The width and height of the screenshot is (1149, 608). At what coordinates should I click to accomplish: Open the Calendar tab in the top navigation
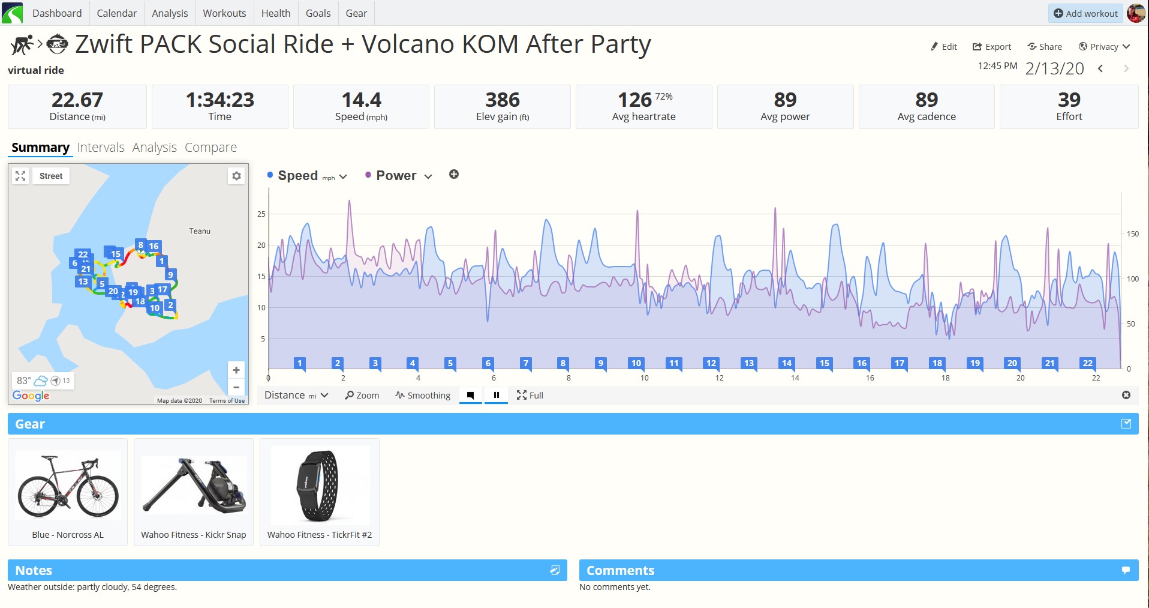(x=116, y=13)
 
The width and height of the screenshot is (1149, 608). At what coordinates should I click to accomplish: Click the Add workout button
(x=1085, y=13)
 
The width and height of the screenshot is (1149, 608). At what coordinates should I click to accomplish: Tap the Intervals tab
(x=101, y=148)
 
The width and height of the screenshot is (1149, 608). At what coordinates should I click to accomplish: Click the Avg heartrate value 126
(x=634, y=100)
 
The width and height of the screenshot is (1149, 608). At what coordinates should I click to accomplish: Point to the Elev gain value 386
(x=503, y=100)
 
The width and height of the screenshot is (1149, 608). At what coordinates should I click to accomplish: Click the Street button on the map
(x=51, y=176)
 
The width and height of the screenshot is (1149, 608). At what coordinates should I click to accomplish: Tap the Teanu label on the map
(x=200, y=231)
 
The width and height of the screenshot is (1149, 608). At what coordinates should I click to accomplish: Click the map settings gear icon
(x=236, y=176)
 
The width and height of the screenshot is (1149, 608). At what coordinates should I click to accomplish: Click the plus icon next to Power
(x=454, y=175)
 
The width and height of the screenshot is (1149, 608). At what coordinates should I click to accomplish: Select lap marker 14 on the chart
(x=786, y=363)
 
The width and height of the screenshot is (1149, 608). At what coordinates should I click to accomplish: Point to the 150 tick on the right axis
(x=1132, y=234)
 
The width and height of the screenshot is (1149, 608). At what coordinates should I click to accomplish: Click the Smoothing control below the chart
(x=423, y=396)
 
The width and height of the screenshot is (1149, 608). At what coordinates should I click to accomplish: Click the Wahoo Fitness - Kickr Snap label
(x=194, y=535)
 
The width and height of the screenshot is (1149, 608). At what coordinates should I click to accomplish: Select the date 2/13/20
(x=1054, y=68)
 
